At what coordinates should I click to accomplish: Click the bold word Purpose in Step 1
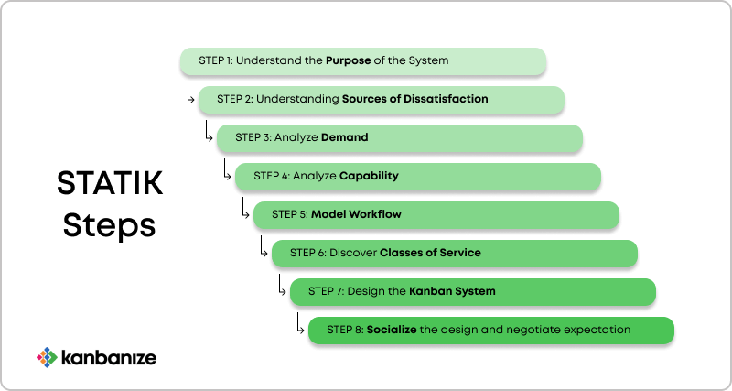pyautogui.click(x=349, y=60)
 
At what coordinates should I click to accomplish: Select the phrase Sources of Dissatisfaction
pyautogui.click(x=415, y=99)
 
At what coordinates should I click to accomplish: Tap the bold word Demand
pyautogui.click(x=345, y=137)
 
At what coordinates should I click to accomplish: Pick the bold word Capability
pyautogui.click(x=369, y=176)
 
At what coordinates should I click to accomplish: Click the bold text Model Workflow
pyautogui.click(x=356, y=214)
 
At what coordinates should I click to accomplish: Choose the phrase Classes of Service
pyautogui.click(x=430, y=253)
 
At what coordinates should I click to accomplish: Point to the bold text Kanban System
pyautogui.click(x=452, y=291)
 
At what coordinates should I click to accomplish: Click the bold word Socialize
pyautogui.click(x=392, y=330)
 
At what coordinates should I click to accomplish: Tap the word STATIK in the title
pyautogui.click(x=110, y=183)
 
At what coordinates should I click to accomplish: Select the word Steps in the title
pyautogui.click(x=109, y=227)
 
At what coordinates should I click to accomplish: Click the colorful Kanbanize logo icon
pyautogui.click(x=47, y=357)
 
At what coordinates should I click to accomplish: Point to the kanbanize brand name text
pyautogui.click(x=109, y=358)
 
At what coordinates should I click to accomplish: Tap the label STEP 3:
pyautogui.click(x=253, y=137)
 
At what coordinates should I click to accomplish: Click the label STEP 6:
pyautogui.click(x=308, y=253)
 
